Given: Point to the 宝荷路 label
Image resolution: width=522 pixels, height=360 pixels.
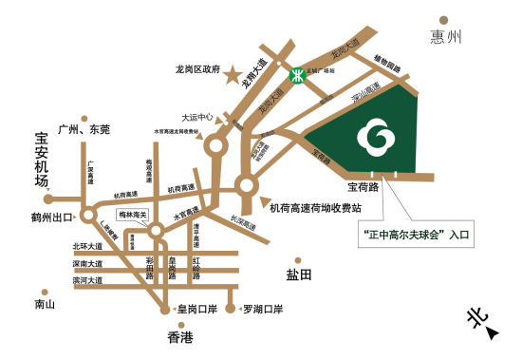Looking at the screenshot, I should (363, 187).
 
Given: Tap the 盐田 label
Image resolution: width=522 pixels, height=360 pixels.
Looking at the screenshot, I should (298, 275).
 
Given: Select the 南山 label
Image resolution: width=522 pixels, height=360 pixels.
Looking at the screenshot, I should (45, 305).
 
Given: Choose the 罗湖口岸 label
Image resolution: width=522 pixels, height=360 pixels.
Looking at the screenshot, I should (263, 310).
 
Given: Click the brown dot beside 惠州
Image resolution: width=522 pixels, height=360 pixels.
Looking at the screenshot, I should (443, 18).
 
